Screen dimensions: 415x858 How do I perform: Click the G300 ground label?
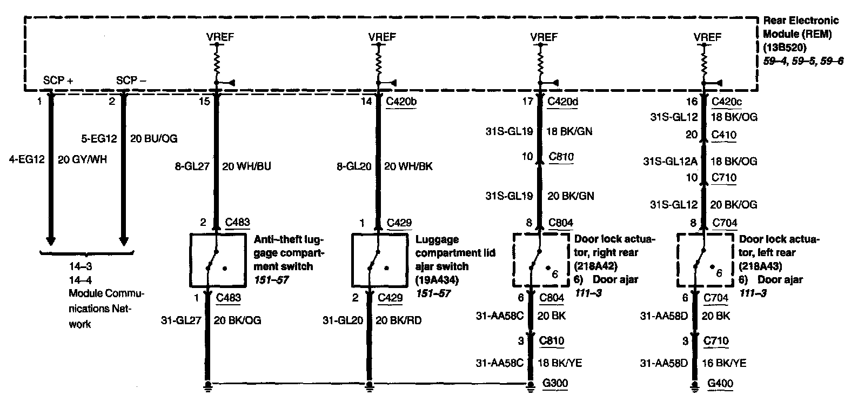(x=555, y=384)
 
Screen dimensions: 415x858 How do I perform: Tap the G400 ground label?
(x=720, y=384)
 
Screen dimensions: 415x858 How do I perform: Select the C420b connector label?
(x=401, y=101)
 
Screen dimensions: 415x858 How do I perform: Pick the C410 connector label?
(x=724, y=135)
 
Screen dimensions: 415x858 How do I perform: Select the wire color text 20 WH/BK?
(x=408, y=166)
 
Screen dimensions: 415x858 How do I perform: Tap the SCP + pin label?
(x=58, y=81)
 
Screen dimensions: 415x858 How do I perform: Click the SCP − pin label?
(x=131, y=81)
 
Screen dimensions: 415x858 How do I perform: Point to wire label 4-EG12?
(x=25, y=160)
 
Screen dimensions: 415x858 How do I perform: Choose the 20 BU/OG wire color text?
(x=153, y=139)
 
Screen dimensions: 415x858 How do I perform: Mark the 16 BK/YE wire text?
(x=723, y=363)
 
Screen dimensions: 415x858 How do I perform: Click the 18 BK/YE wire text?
(x=559, y=363)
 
